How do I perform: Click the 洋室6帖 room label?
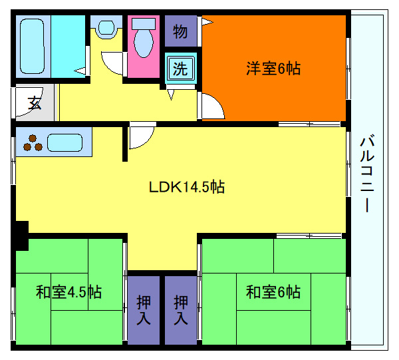[x=273, y=68]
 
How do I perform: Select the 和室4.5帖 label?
[x=68, y=291]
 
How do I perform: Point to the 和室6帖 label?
[x=273, y=291]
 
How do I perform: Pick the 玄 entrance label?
[x=34, y=103]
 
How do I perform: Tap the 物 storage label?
[x=180, y=31]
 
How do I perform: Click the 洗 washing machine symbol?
[x=180, y=67]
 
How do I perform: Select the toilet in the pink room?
[x=143, y=40]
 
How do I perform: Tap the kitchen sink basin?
[x=64, y=142]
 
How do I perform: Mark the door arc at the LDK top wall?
[x=140, y=137]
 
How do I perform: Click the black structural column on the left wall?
[x=21, y=235]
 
